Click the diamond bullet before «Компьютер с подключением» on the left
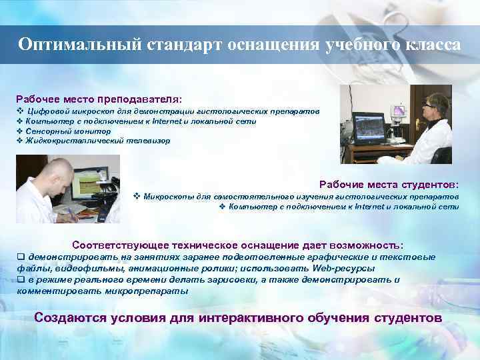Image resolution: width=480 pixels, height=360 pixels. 19,121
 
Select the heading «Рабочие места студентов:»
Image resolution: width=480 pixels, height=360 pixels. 389,183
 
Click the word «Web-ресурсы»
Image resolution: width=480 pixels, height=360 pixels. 341,268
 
